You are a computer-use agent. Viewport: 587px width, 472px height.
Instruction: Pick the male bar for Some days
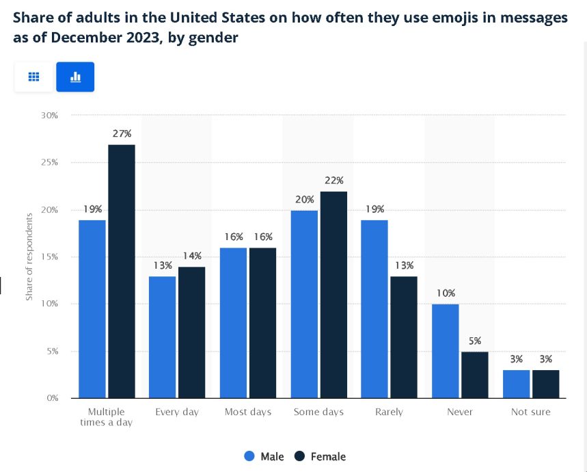click(304, 304)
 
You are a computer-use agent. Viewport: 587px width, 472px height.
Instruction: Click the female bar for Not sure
click(545, 384)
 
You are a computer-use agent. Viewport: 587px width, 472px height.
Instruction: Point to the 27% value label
click(122, 133)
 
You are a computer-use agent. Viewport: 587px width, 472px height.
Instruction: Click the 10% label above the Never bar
click(446, 293)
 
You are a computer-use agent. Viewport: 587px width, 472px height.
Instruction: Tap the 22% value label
click(334, 180)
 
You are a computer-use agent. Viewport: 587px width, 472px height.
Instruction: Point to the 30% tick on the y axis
click(49, 115)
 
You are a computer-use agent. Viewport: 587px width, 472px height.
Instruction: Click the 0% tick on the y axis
click(51, 397)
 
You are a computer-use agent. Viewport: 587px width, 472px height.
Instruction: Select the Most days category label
click(248, 412)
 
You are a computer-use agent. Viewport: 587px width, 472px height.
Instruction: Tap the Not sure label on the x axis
click(531, 412)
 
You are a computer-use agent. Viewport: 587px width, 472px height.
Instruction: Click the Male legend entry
click(264, 456)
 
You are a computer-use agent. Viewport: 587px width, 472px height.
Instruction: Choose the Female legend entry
click(320, 456)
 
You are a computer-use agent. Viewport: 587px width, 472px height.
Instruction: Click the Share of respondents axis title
click(29, 257)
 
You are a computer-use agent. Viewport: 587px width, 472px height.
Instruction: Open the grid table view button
click(33, 77)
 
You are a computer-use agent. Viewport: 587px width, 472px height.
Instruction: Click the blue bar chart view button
click(75, 77)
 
